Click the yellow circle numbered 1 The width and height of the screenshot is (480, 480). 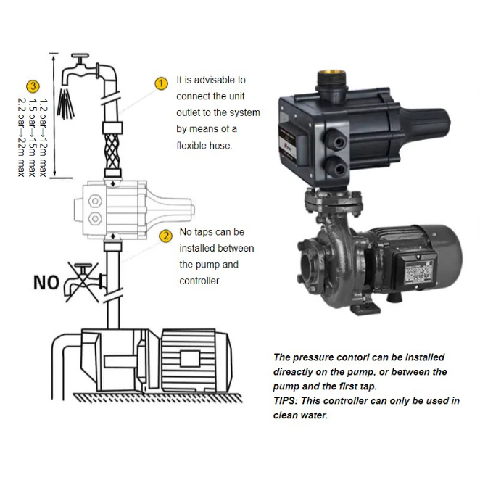(161, 83)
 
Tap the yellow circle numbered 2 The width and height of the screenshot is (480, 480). (165, 236)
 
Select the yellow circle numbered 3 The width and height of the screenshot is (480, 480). (33, 86)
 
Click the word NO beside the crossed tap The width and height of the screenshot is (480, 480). (46, 282)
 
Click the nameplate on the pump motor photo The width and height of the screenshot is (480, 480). (418, 271)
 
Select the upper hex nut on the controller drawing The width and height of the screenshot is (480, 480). (95, 201)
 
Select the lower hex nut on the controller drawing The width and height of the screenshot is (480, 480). (95, 219)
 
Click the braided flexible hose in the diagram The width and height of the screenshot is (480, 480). (112, 152)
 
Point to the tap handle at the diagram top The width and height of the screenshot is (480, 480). (80, 56)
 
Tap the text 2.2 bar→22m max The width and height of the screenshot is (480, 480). (21, 137)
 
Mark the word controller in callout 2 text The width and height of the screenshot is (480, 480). (200, 281)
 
